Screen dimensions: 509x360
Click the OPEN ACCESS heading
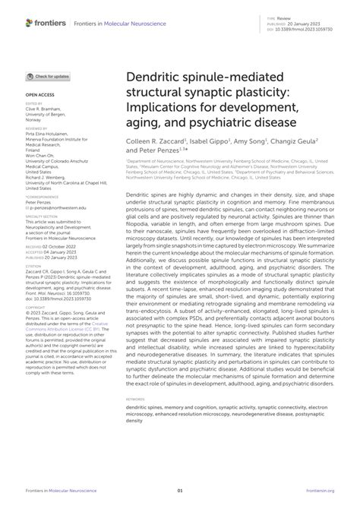pos(39,96)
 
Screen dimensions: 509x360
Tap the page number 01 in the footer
pos(180,491)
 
